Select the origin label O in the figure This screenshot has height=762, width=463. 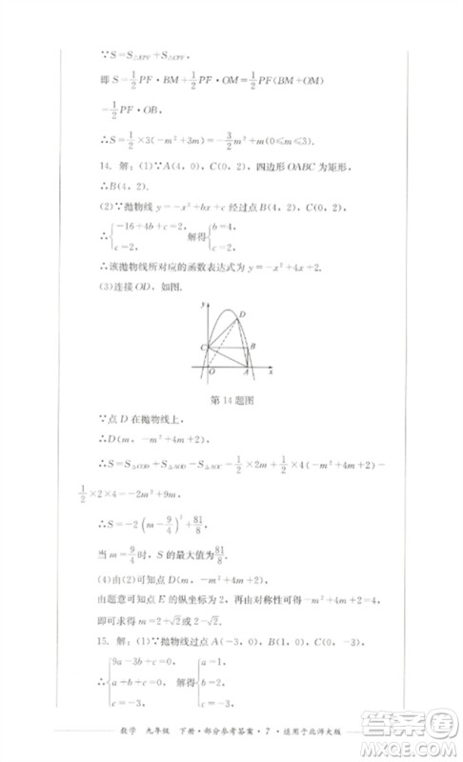(211, 372)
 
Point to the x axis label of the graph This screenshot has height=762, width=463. (272, 367)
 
